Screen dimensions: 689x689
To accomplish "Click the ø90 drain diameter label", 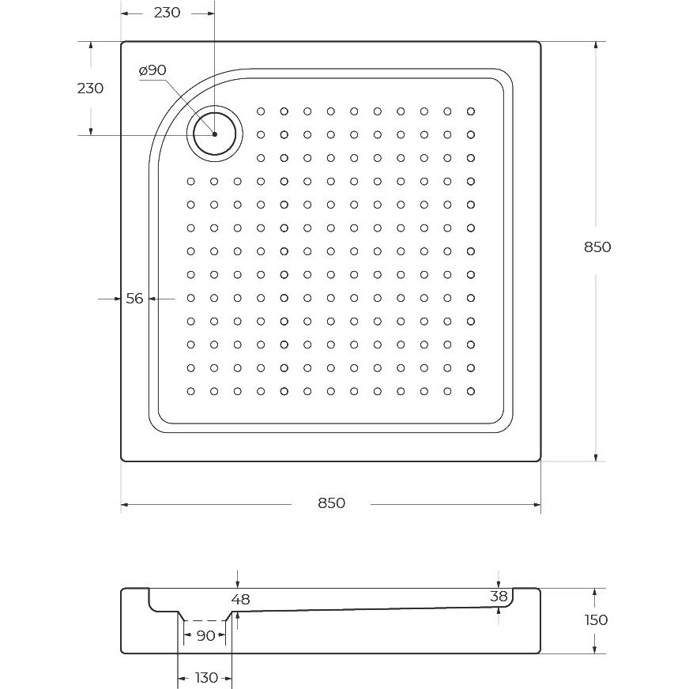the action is coord(152,70).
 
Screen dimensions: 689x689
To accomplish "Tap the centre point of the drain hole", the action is coord(215,134).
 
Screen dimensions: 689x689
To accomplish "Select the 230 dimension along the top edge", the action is coord(167,13).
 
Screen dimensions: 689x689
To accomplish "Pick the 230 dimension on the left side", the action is coord(90,88).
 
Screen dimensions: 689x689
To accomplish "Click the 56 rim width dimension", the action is coord(134,299).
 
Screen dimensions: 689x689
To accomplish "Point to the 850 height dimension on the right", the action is coord(597,247).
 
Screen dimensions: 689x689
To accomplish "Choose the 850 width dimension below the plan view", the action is coord(331,503).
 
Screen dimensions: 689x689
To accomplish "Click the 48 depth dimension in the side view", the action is coord(241,600).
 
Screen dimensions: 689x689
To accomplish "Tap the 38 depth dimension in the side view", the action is coord(499,597).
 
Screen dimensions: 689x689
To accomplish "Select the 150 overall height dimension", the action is coord(597,620).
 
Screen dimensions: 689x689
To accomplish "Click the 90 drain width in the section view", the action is coord(205,635).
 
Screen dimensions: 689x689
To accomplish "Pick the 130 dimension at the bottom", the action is coord(206,678).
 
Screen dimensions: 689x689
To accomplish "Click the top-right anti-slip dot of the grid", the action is coord(471,111).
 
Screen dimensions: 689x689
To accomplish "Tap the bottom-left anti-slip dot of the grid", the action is coord(190,391).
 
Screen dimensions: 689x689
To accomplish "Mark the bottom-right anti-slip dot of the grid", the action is coord(471,391).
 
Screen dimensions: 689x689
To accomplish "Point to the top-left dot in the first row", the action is coord(261,111).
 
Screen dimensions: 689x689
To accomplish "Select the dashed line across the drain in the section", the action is coord(205,620).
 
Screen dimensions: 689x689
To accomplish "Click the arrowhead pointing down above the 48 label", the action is coord(237,584).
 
